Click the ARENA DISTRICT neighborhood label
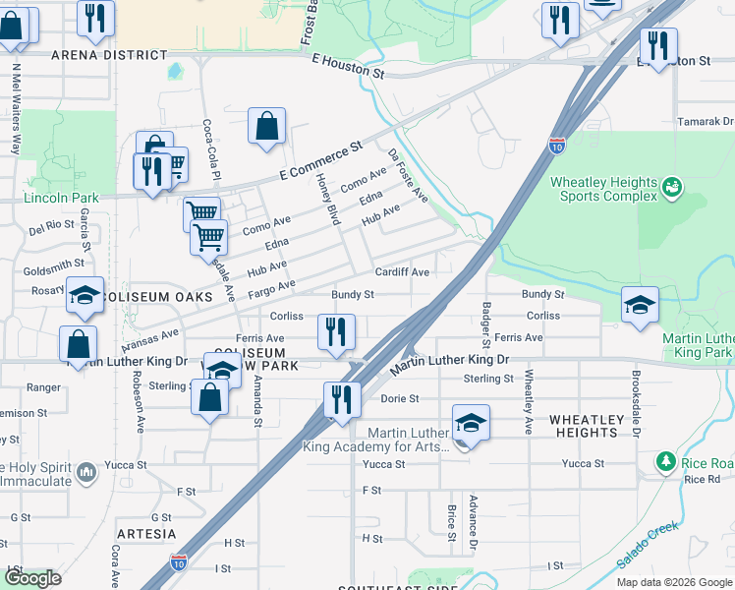(x=96, y=54)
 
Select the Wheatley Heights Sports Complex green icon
(x=672, y=186)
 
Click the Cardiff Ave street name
(x=401, y=272)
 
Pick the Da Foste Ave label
(x=408, y=176)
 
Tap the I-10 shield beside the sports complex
(x=557, y=146)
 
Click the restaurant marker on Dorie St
(x=341, y=399)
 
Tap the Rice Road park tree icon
(x=665, y=461)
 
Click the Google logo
(x=31, y=577)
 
